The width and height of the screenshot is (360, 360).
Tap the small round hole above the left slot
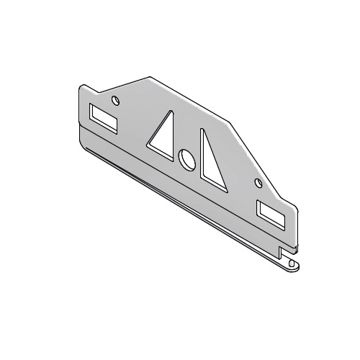coord(115,99)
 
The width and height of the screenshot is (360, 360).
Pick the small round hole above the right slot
coord(259,184)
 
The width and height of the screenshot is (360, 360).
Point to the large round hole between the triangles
coord(186,160)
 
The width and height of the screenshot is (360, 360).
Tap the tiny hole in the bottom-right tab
coord(291,263)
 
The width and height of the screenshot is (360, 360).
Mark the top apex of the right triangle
coord(203,130)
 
